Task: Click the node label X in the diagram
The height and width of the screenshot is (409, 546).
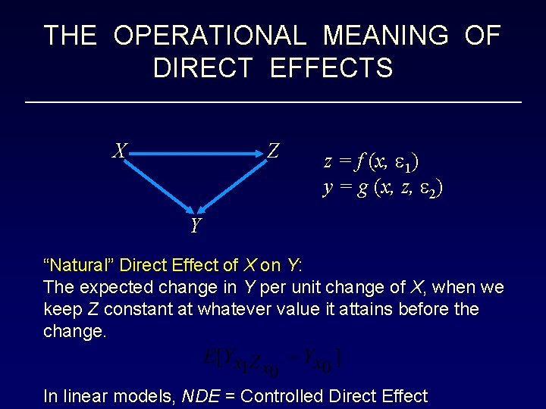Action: [x=119, y=151]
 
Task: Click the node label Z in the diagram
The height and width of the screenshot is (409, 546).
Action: [x=274, y=151]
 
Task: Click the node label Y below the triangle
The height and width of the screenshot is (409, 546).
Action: [x=196, y=226]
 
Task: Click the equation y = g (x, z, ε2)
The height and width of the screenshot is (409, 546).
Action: [x=383, y=188]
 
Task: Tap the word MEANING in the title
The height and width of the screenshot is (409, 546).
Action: [x=385, y=35]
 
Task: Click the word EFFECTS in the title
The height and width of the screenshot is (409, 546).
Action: [x=331, y=68]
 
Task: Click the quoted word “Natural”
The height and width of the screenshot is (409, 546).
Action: [x=80, y=265]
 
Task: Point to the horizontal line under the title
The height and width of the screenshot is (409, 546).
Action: [x=273, y=101]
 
